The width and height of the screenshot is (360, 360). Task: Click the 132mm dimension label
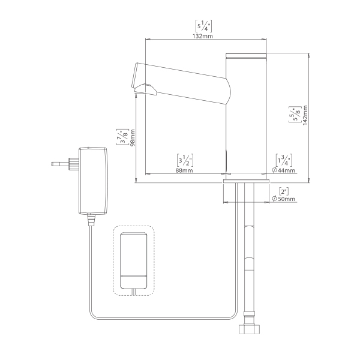[202, 36]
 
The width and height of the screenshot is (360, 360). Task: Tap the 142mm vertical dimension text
[305, 115]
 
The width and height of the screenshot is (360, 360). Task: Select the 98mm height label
[133, 138]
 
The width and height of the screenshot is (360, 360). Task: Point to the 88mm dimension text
[184, 170]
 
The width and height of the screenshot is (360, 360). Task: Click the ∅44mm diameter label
[283, 170]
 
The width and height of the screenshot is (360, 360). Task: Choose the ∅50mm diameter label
[283, 199]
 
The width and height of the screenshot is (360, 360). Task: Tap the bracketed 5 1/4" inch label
[203, 26]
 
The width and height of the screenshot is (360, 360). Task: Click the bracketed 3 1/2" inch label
[185, 160]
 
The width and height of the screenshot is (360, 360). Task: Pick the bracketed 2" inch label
[284, 191]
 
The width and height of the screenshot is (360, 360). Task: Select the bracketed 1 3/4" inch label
[284, 160]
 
